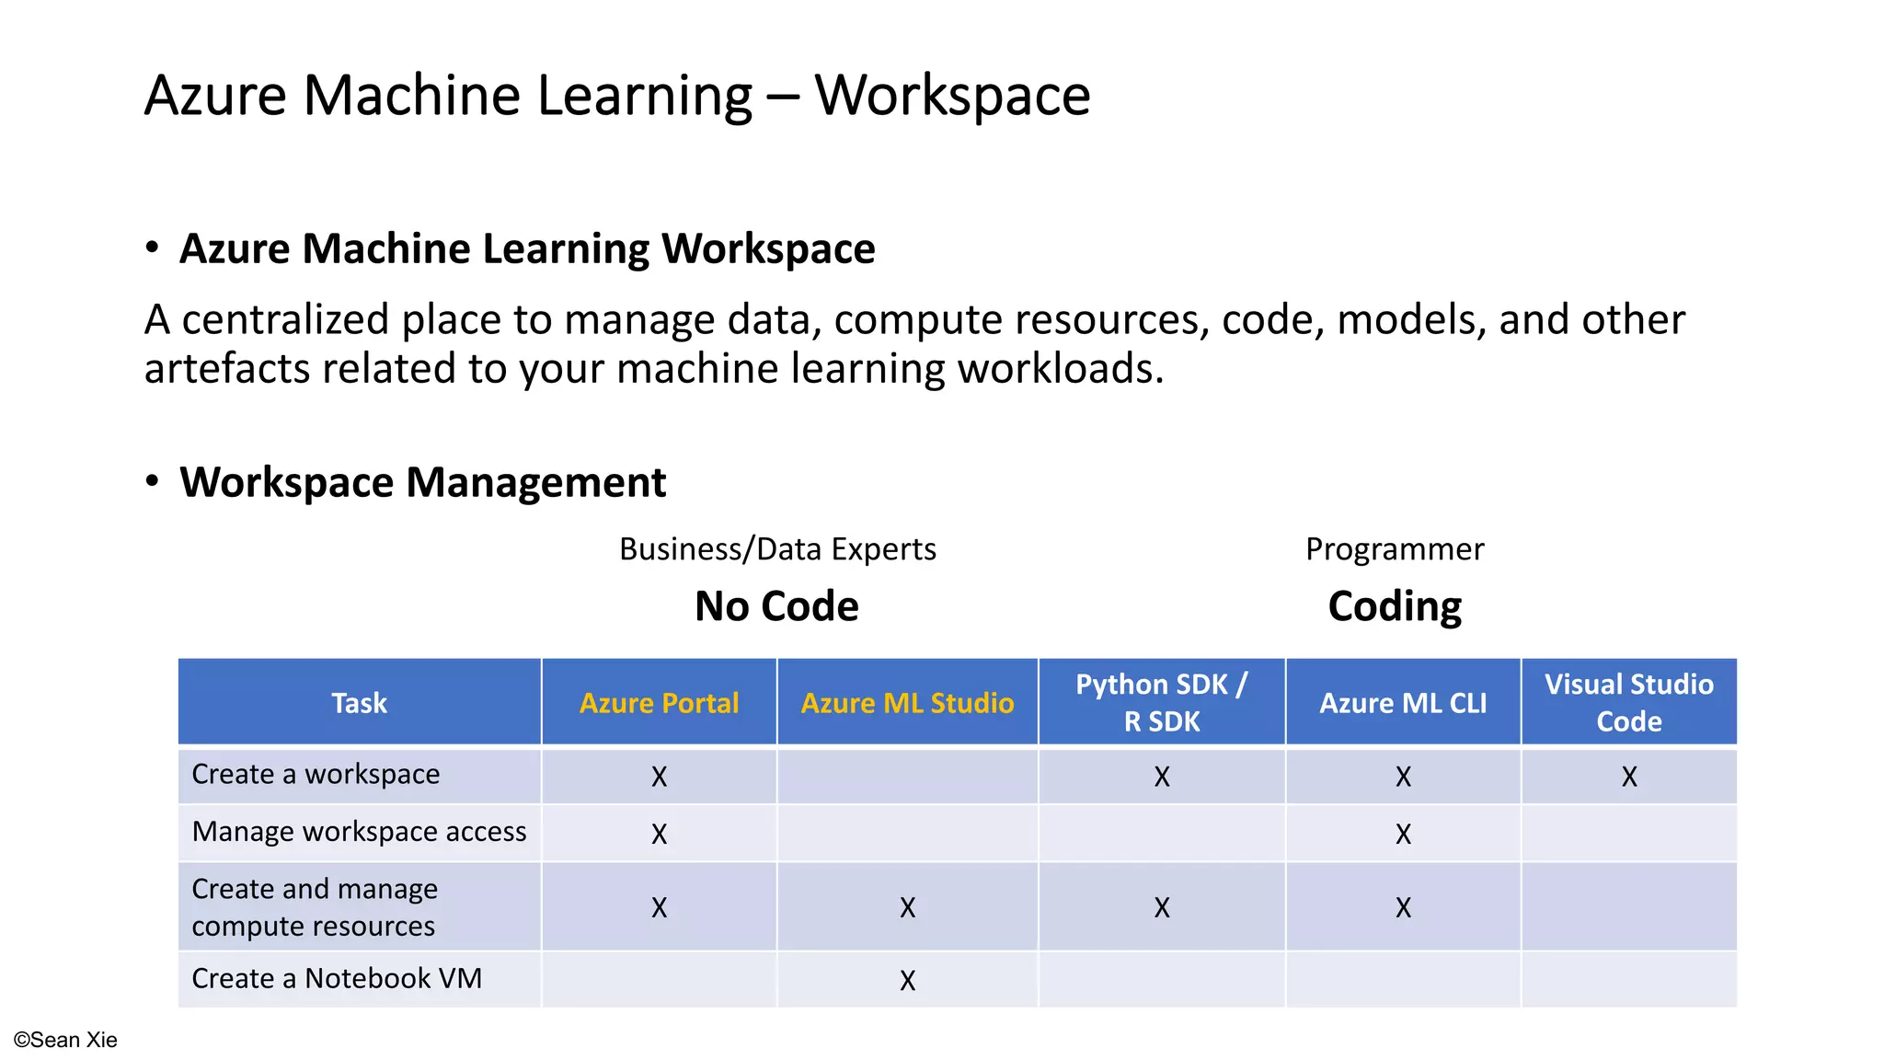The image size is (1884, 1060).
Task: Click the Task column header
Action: tap(359, 703)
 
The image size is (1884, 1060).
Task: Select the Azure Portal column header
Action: tap(659, 703)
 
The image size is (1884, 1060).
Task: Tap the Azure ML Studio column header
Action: tap(907, 703)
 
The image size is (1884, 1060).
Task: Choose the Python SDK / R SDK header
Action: tap(1162, 703)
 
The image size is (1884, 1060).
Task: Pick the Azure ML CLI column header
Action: tap(1403, 703)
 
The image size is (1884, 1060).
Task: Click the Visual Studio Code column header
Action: tap(1628, 703)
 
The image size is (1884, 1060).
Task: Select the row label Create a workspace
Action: tap(316, 775)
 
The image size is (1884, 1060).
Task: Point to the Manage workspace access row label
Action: tap(359, 832)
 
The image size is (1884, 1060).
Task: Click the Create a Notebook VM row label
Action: tap(337, 978)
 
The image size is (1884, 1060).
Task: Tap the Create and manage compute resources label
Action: tap(315, 907)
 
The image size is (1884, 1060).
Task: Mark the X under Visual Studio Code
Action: tap(1629, 778)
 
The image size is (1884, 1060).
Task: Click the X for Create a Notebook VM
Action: tap(908, 981)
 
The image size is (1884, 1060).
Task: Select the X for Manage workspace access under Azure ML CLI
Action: tap(1403, 835)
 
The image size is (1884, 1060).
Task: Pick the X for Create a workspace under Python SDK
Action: tap(1162, 778)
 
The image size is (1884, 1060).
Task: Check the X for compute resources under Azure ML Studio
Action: tap(908, 908)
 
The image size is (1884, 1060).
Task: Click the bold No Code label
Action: tap(776, 606)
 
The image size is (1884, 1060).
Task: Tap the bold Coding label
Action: tap(1395, 606)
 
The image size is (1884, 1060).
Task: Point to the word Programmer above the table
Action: tap(1395, 549)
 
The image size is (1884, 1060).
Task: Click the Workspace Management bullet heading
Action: tap(422, 482)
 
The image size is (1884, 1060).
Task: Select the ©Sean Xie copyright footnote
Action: tap(65, 1040)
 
